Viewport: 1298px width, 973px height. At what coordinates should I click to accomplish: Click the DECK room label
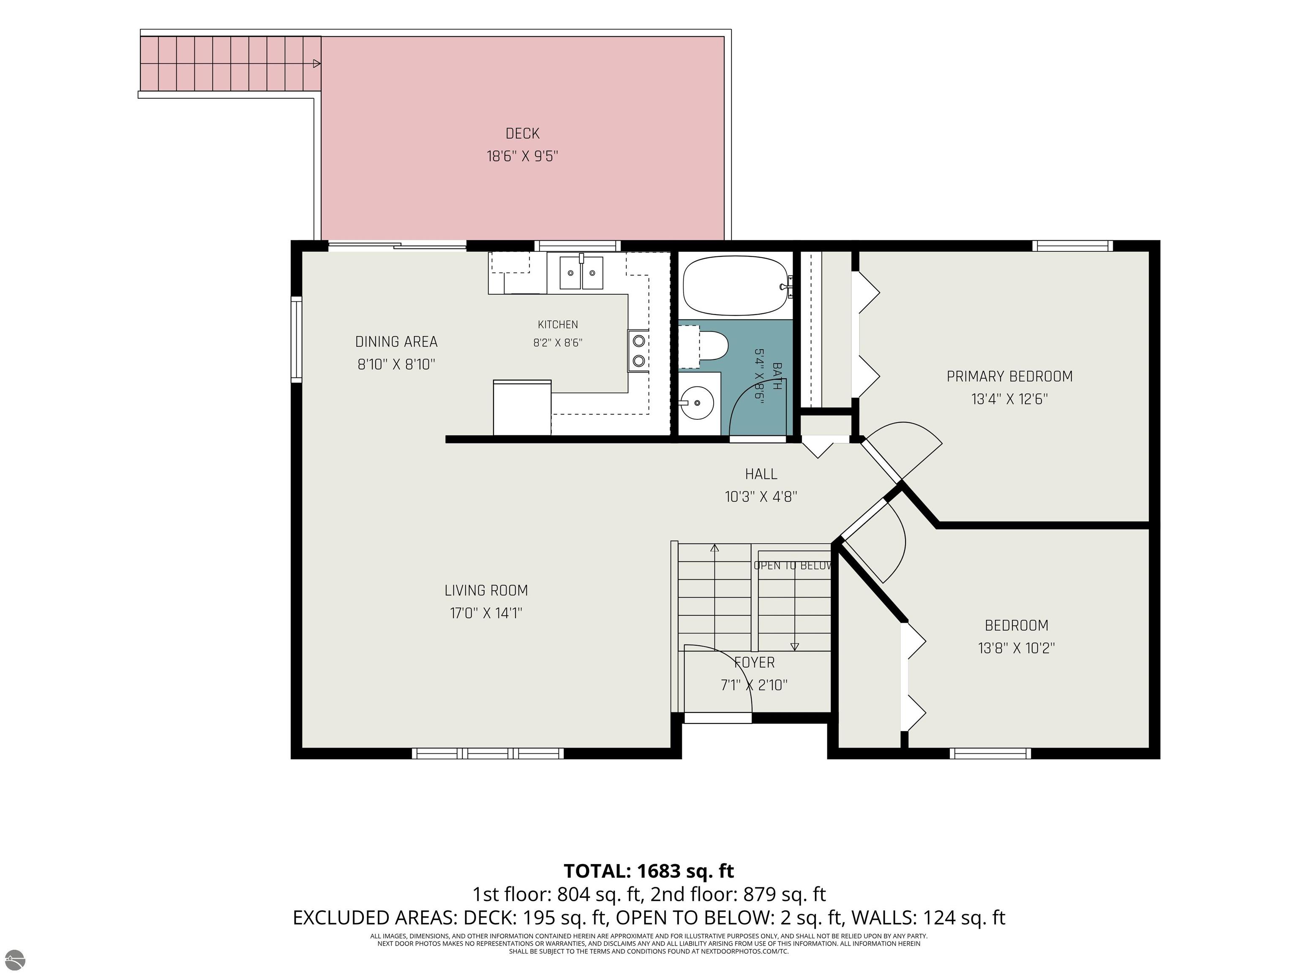(x=522, y=134)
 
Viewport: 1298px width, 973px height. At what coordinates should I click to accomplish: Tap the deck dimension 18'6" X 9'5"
(x=522, y=157)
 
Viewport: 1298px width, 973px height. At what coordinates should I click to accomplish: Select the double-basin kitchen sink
(x=581, y=273)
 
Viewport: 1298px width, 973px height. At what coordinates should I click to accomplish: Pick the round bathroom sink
(x=696, y=403)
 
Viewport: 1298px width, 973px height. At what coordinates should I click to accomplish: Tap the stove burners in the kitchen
(x=638, y=351)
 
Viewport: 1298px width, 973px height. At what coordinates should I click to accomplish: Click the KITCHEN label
(x=557, y=324)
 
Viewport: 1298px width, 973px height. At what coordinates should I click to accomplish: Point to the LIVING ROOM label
(x=486, y=591)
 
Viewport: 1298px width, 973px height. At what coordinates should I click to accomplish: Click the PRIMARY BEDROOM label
(x=1009, y=377)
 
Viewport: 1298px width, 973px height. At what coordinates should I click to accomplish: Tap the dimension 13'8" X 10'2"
(x=1016, y=648)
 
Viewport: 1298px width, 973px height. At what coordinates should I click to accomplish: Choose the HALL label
(x=761, y=474)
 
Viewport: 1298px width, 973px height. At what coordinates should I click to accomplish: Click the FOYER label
(x=755, y=663)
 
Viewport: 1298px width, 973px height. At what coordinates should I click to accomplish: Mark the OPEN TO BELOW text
(x=793, y=566)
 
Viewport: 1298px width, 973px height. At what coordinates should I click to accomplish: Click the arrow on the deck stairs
(x=317, y=63)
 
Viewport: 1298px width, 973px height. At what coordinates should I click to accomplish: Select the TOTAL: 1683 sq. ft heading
(x=649, y=871)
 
